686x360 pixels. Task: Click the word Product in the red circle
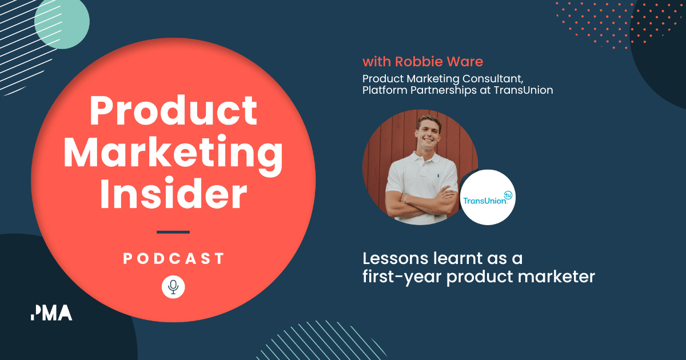click(173, 111)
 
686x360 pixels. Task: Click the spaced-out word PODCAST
click(173, 259)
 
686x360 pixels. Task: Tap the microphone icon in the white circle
click(173, 286)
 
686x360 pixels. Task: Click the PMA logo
click(51, 313)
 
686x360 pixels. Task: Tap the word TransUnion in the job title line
click(526, 90)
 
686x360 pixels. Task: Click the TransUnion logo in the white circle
click(488, 197)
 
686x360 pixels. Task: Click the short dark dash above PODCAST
click(173, 232)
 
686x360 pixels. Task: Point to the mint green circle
click(62, 22)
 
